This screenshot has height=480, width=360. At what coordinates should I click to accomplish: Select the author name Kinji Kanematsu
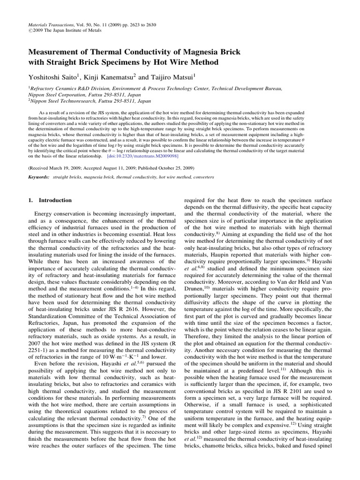point(120,76)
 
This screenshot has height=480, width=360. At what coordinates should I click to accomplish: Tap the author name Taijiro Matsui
point(179,76)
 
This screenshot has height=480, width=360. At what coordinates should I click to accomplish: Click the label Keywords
point(39,178)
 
